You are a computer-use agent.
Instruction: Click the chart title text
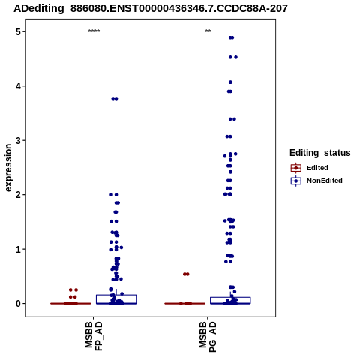(x=151, y=8)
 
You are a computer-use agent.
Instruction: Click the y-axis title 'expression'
(x=8, y=168)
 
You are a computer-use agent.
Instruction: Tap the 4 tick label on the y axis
(x=18, y=86)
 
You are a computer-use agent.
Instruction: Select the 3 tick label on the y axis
(x=18, y=140)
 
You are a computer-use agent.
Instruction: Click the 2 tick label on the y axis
(x=18, y=195)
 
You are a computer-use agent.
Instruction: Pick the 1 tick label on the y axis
(x=18, y=249)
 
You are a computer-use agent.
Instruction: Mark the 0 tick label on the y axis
(x=18, y=304)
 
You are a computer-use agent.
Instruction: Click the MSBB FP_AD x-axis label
(x=94, y=336)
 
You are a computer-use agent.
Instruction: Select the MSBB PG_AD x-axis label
(x=208, y=337)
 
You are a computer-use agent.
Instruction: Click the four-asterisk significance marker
(x=94, y=31)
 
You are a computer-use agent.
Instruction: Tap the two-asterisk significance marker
(x=208, y=31)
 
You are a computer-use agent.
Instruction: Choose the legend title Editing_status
(x=320, y=153)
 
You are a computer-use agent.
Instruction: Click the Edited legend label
(x=317, y=168)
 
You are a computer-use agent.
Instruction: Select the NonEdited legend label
(x=325, y=181)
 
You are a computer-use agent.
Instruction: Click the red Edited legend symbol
(x=296, y=168)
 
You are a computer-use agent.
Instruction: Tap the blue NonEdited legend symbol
(x=296, y=181)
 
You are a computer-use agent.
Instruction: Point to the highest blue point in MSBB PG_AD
(x=231, y=37)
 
